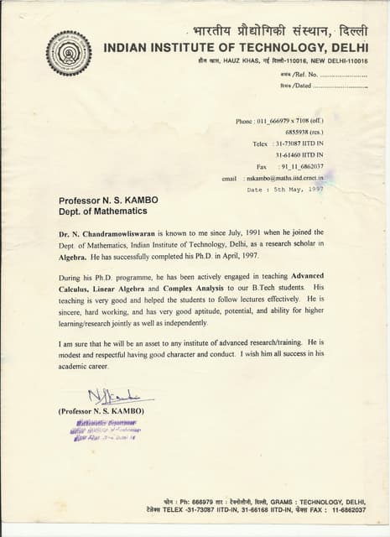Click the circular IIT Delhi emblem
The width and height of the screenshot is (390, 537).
[69, 53]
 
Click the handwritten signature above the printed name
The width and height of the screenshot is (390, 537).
[108, 398]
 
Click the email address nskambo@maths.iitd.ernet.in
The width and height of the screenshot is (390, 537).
[284, 178]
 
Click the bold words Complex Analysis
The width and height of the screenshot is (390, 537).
[190, 288]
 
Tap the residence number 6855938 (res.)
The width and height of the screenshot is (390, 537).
[304, 133]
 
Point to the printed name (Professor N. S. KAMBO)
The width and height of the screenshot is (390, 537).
[101, 412]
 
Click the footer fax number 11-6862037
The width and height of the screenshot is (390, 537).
[344, 509]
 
